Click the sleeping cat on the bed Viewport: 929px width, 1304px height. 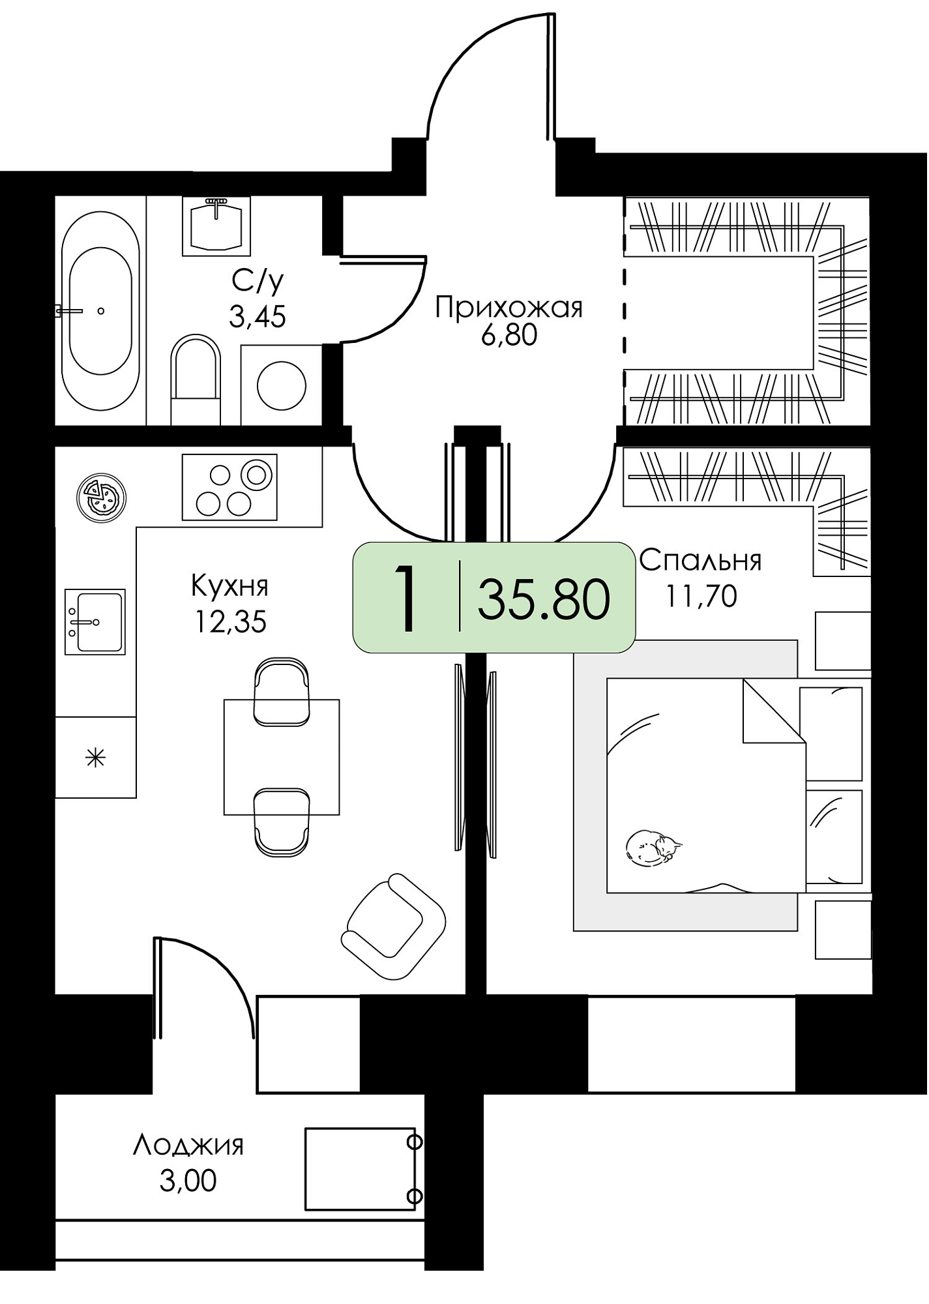[653, 848]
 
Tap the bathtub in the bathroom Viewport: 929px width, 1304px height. [100, 311]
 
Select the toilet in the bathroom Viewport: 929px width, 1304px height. [196, 380]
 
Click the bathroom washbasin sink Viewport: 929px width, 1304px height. [216, 226]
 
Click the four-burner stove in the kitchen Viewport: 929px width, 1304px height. [229, 487]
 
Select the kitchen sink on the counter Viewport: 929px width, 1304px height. [95, 622]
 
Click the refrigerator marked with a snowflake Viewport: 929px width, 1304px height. [95, 758]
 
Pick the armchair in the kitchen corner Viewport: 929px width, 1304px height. [394, 926]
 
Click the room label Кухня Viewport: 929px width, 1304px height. [229, 586]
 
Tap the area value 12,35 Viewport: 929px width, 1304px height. [230, 622]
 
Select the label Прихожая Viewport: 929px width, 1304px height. [509, 308]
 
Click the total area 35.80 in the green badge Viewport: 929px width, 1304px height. [544, 599]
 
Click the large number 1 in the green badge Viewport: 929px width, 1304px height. [406, 599]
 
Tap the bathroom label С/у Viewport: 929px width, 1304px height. [258, 282]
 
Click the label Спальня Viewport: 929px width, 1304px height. [701, 560]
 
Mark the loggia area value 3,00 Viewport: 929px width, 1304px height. [188, 1180]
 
